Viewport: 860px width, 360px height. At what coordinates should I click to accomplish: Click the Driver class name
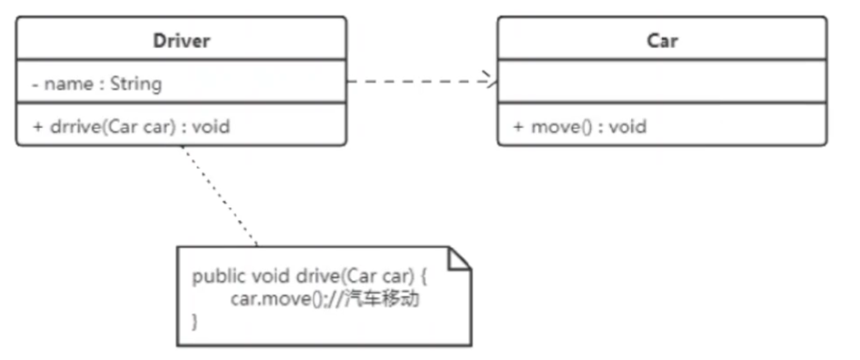[x=181, y=41]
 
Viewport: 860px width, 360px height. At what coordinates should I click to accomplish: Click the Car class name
[x=662, y=41]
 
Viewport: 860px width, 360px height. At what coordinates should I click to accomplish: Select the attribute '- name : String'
[x=96, y=84]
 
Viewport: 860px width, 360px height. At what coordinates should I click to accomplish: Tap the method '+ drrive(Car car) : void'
[x=131, y=125]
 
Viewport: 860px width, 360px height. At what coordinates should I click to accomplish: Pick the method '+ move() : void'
[x=579, y=125]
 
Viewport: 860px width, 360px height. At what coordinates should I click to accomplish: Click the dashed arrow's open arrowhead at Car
[x=493, y=82]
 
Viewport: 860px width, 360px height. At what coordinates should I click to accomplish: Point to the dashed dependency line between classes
[x=418, y=82]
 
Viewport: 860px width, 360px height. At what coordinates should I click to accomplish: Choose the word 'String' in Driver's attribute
[x=136, y=84]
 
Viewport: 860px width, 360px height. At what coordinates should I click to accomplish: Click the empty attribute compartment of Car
[x=662, y=83]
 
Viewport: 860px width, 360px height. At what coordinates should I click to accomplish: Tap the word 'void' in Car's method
[x=627, y=125]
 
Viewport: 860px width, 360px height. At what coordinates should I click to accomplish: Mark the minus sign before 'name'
[x=35, y=84]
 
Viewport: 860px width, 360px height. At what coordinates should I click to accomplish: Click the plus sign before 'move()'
[x=518, y=125]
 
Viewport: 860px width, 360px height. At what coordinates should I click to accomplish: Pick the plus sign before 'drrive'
[x=37, y=125]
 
